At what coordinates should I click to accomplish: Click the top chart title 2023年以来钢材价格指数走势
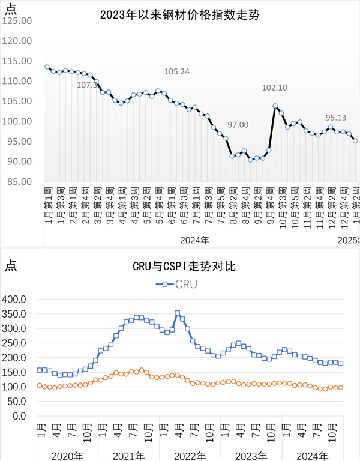click(179, 15)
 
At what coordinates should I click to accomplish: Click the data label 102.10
click(274, 88)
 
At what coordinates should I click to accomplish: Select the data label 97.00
click(238, 125)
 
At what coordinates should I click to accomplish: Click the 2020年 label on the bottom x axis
click(67, 454)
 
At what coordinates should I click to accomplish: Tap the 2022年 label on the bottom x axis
click(190, 454)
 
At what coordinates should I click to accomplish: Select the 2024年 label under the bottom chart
click(313, 454)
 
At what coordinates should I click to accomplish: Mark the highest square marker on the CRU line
click(177, 313)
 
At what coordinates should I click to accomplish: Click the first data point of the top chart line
click(47, 67)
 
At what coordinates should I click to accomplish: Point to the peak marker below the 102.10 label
click(275, 106)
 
